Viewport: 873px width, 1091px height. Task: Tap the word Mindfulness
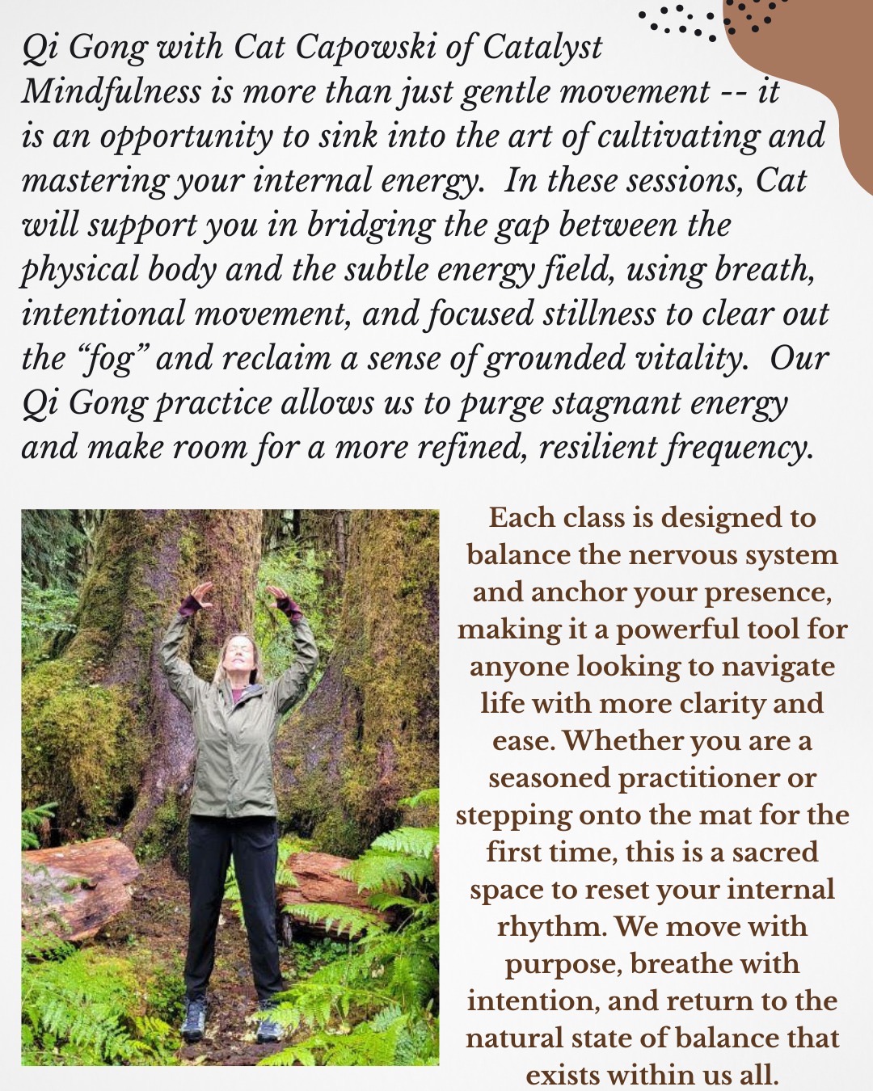tap(112, 92)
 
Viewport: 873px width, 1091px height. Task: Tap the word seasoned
tap(549, 777)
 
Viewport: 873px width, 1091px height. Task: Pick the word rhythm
tap(551, 926)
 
